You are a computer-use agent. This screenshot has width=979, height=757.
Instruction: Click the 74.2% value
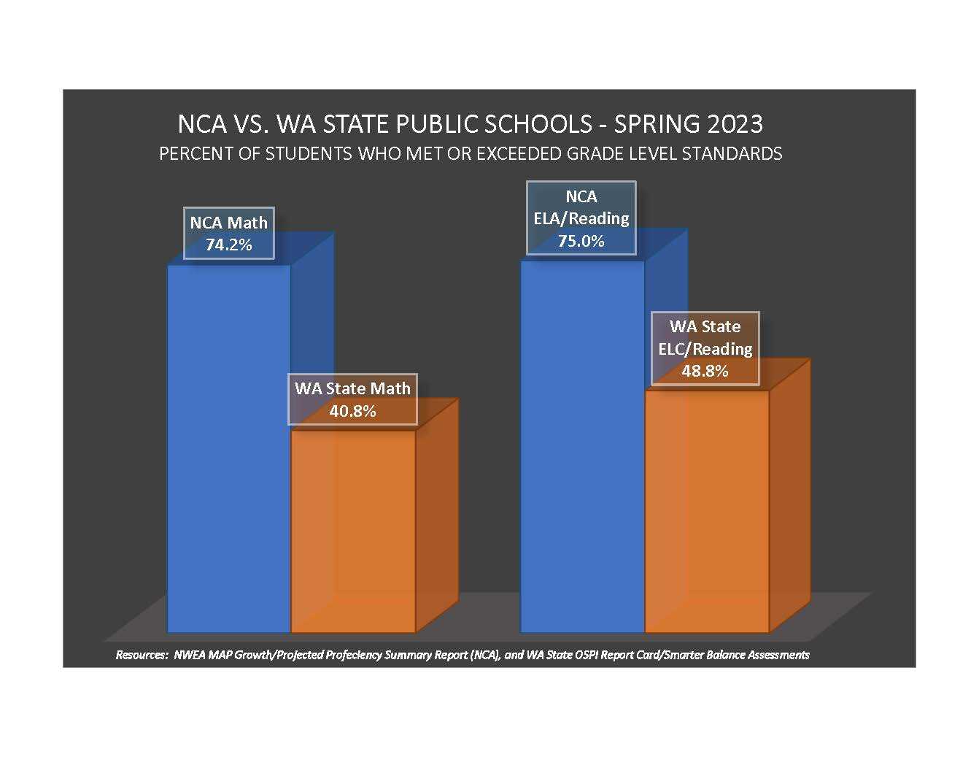tap(229, 245)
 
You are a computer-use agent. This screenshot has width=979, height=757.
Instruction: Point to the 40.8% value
tap(353, 411)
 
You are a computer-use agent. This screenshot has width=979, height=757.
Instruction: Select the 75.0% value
tap(581, 241)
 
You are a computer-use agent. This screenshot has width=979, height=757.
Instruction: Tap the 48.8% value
tap(705, 371)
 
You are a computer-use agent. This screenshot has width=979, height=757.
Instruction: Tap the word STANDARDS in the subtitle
tap(732, 154)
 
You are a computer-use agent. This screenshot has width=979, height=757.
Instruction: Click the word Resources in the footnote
tap(142, 655)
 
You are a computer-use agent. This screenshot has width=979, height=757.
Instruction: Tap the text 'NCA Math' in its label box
tap(229, 223)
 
